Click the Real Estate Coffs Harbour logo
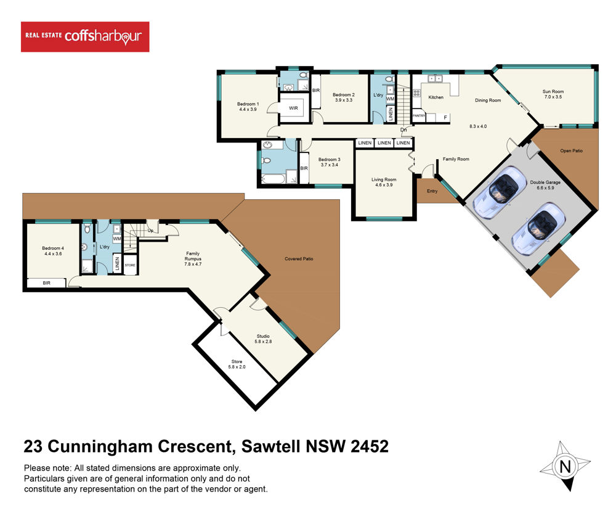coord(85,36)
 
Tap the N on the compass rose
coord(565,467)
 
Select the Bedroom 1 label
coord(248,104)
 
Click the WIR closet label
coord(293,108)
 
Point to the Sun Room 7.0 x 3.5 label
coord(553,94)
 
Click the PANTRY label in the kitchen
coord(419,116)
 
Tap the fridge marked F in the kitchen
coord(445,118)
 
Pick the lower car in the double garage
coord(538,228)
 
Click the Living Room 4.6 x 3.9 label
coord(384,182)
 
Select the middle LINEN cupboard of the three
coord(384,143)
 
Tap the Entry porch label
coord(432,191)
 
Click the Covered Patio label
coord(299,259)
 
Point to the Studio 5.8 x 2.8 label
coord(263,339)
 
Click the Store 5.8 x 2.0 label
coord(237,364)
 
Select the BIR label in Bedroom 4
coord(46,283)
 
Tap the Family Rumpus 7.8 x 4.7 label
coord(193,259)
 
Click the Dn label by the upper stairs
coord(403,129)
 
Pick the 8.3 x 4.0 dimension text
coord(478,126)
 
